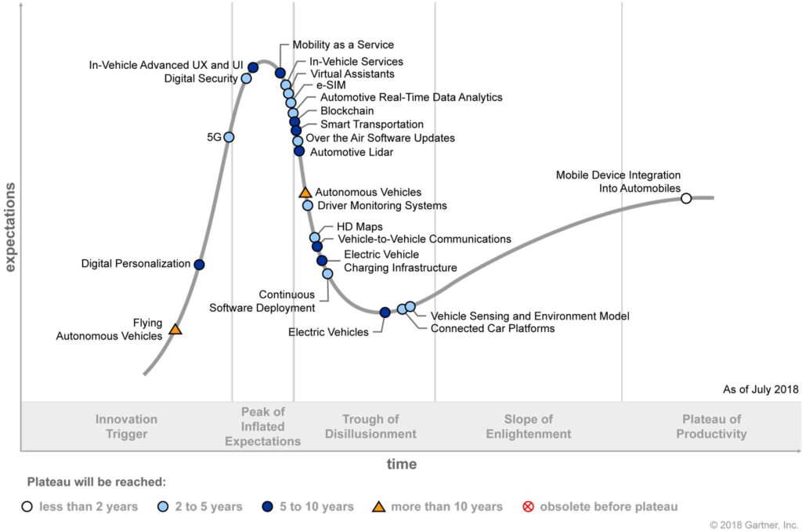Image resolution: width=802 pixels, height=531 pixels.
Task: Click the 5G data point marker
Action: pos(229,137)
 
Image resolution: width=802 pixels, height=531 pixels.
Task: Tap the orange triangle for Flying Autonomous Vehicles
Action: pos(175,330)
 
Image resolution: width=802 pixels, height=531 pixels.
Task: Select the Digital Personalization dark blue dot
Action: pos(199,265)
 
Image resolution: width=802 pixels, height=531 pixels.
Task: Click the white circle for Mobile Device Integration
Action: pos(686,198)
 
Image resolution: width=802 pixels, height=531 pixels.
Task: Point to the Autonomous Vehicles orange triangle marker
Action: pos(305,192)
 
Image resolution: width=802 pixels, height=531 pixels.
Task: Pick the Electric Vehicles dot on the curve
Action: pos(385,312)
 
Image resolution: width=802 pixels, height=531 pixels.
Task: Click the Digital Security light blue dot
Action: pos(246,78)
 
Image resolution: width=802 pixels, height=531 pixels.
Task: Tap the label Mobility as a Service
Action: pos(343,45)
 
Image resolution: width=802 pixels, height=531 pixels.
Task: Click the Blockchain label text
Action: pos(347,111)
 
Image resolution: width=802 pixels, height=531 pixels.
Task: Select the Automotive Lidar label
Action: pos(352,152)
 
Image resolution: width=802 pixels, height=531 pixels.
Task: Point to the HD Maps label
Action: pos(359,227)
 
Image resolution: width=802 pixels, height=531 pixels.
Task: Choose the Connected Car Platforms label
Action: pos(493,329)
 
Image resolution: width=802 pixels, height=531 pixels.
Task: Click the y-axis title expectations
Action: pos(10,227)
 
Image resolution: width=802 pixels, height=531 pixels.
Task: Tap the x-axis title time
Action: pos(401,464)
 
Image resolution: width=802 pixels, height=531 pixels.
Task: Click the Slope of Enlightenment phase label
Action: pos(528,427)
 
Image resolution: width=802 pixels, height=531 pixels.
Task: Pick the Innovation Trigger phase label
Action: pos(126,427)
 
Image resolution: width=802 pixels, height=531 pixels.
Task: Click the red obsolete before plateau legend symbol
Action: pos(528,507)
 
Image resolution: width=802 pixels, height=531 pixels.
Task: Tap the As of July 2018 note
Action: pos(760,389)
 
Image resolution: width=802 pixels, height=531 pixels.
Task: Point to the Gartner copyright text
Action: pos(753,524)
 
